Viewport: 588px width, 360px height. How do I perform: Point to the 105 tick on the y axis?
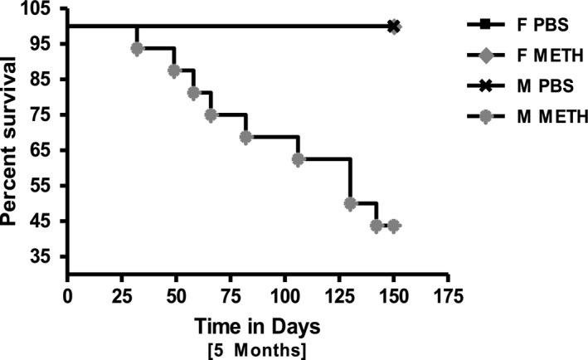pyautogui.click(x=39, y=9)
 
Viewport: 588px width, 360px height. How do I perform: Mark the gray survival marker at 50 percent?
pyautogui.click(x=350, y=203)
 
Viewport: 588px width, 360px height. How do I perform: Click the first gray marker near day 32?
pyautogui.click(x=137, y=49)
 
